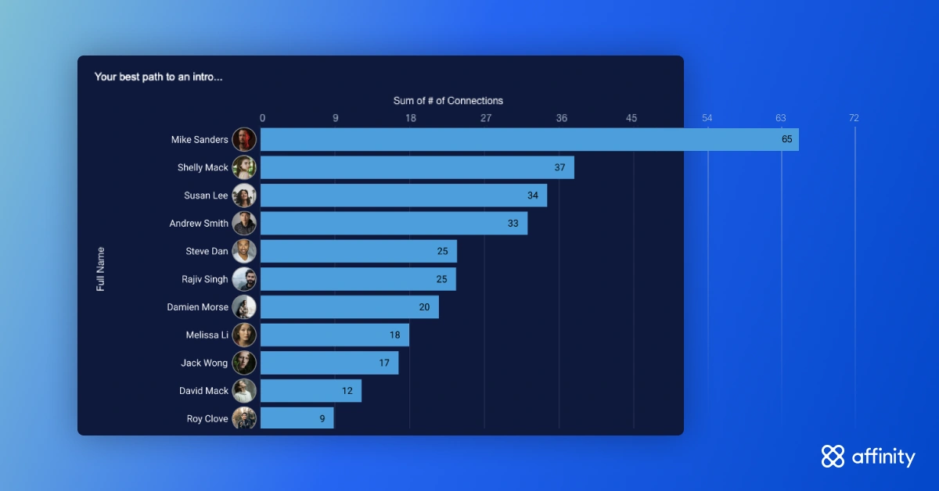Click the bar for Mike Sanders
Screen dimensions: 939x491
click(x=530, y=139)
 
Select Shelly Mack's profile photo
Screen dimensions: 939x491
click(x=244, y=167)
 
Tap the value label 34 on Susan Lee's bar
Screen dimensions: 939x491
click(x=533, y=195)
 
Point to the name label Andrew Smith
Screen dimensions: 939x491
click(x=199, y=224)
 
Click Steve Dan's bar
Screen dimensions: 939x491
click(x=358, y=252)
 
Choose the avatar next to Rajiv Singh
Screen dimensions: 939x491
click(x=244, y=279)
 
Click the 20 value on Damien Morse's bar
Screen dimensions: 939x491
click(x=424, y=307)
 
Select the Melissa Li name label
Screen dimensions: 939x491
click(x=207, y=335)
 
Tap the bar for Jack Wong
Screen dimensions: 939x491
click(x=329, y=363)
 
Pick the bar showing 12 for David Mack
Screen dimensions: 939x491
click(x=311, y=391)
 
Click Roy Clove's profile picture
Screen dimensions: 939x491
click(x=244, y=418)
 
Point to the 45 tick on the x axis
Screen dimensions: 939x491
click(x=631, y=118)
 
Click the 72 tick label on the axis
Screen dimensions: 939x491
click(x=854, y=118)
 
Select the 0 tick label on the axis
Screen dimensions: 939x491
click(x=262, y=118)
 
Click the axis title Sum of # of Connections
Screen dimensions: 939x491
click(x=448, y=101)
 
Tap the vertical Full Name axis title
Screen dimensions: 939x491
click(x=101, y=269)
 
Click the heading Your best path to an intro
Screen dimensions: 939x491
click(x=158, y=77)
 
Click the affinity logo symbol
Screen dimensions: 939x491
click(x=833, y=457)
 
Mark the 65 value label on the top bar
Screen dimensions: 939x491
click(x=787, y=139)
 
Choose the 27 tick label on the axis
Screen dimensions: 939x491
click(x=486, y=118)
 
